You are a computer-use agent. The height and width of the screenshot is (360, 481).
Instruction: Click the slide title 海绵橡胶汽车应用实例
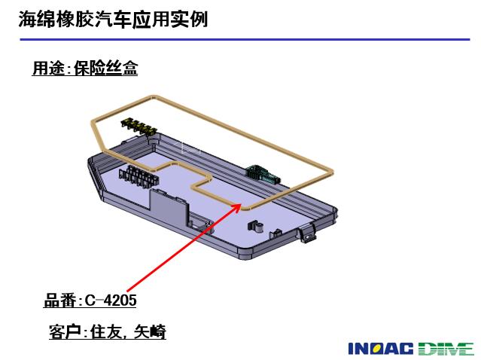tap(113, 20)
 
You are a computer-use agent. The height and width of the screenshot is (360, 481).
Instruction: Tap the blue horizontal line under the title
tap(245, 39)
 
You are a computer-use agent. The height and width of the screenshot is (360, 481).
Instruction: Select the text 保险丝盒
tap(106, 68)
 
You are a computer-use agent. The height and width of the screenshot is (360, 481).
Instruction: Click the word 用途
tap(48, 68)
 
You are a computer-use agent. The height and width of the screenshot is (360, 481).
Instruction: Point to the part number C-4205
tap(111, 301)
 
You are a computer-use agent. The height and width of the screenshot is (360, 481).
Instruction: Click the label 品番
tap(59, 301)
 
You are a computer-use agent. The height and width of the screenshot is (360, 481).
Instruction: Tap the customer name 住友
tap(106, 332)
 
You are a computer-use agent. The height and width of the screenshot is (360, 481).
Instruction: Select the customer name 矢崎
tap(150, 332)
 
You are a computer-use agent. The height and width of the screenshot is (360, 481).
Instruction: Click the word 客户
tap(65, 332)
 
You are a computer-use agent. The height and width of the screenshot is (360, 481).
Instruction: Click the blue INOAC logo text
tap(381, 349)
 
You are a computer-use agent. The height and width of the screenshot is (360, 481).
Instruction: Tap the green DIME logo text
tap(446, 349)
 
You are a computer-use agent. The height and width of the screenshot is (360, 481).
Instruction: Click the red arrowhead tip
tap(241, 203)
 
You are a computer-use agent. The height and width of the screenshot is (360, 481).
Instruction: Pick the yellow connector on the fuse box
tap(139, 127)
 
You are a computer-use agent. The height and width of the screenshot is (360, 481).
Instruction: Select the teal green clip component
tap(263, 174)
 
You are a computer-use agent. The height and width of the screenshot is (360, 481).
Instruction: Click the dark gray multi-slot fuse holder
tap(139, 177)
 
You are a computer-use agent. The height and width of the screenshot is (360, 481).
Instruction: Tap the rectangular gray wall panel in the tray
tap(169, 206)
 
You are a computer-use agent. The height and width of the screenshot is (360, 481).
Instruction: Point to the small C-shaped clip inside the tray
tap(256, 226)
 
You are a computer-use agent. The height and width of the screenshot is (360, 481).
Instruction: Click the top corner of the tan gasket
tap(154, 96)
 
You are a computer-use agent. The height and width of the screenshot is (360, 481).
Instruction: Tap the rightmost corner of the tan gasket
tap(332, 172)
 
